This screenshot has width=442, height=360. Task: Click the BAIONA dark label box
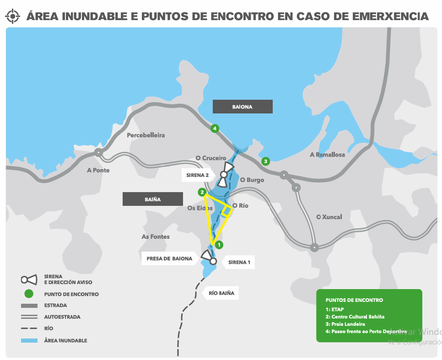pyautogui.click(x=243, y=107)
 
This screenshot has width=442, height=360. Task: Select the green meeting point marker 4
pyautogui.click(x=215, y=128)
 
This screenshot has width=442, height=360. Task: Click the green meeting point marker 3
pyautogui.click(x=265, y=161)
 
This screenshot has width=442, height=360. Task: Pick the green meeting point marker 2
pyautogui.click(x=202, y=192)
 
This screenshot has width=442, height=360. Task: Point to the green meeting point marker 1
pyautogui.click(x=220, y=245)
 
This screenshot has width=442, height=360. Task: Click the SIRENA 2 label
pyautogui.click(x=198, y=175)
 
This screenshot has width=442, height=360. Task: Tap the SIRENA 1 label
pyautogui.click(x=239, y=263)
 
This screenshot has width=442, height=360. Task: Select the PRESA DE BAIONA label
pyautogui.click(x=169, y=258)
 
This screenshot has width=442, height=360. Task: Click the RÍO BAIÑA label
pyautogui.click(x=221, y=293)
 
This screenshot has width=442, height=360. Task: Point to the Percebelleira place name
pyautogui.click(x=146, y=135)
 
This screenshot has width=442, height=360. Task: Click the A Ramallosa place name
pyautogui.click(x=327, y=155)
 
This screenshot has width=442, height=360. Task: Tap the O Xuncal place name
pyautogui.click(x=329, y=217)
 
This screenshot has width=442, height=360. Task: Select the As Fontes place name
pyautogui.click(x=156, y=236)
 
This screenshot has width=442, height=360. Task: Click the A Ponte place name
pyautogui.click(x=98, y=170)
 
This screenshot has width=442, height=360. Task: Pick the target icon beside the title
pyautogui.click(x=13, y=16)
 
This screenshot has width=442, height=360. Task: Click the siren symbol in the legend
pyautogui.click(x=28, y=279)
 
